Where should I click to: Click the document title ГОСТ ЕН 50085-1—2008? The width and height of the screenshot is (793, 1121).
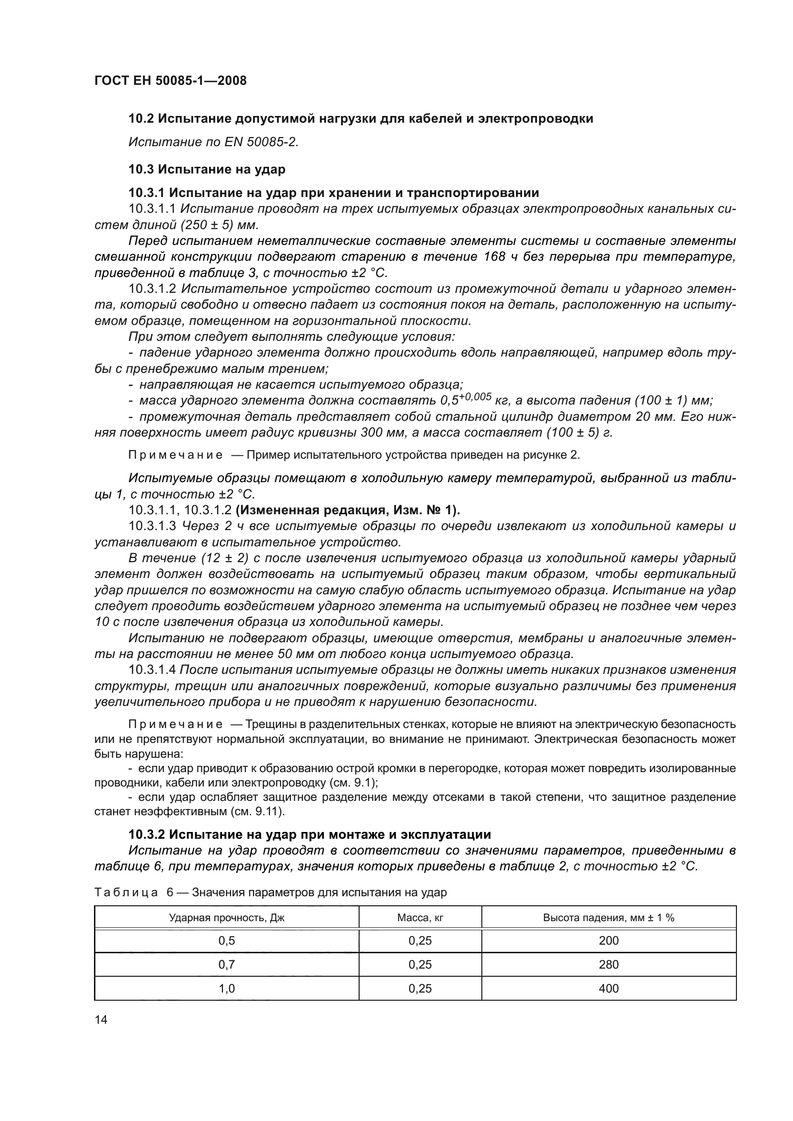point(170,81)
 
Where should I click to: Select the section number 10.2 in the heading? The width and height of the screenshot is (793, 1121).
point(141,119)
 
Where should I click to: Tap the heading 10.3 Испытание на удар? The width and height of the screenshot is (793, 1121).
point(207,169)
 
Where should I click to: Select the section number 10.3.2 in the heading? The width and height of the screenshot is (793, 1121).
point(146,834)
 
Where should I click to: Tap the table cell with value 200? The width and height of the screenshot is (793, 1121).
point(608,940)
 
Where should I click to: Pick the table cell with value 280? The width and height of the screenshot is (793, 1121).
point(608,964)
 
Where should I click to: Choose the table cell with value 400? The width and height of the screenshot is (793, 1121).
point(608,988)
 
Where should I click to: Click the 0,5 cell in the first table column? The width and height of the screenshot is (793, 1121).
point(227,940)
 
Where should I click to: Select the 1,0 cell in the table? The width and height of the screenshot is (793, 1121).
point(227,988)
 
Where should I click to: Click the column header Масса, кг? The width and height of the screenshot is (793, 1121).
point(420,917)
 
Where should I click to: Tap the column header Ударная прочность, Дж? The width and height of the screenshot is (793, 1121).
point(227,917)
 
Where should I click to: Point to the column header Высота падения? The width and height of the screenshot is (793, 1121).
point(608,917)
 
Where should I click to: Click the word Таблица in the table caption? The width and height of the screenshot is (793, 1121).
point(126,892)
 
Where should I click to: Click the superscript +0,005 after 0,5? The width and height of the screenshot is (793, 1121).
point(475,396)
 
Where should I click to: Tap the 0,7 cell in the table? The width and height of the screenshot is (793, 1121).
point(227,964)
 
